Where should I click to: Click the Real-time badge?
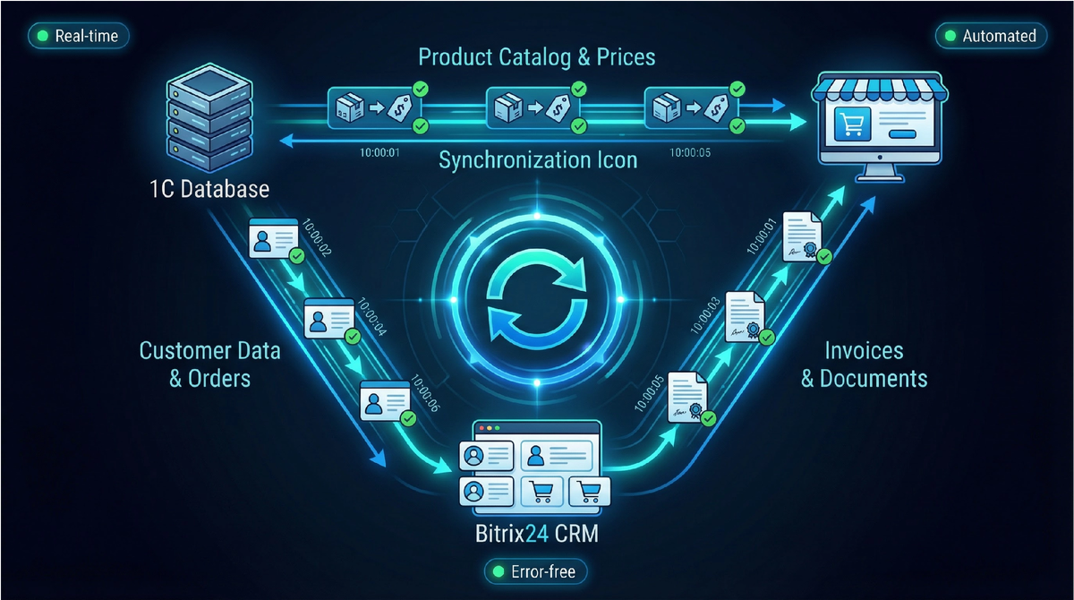(79, 36)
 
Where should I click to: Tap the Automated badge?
(991, 36)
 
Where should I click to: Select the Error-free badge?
(536, 570)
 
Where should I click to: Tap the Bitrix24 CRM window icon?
(533, 466)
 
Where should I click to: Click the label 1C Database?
(211, 190)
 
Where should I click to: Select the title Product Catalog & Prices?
(537, 57)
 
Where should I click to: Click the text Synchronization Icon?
(538, 160)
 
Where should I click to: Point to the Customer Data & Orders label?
(209, 364)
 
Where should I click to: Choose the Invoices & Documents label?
(864, 364)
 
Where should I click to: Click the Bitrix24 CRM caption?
(535, 536)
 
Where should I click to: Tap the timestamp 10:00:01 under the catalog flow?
(380, 152)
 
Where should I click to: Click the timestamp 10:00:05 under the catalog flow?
(690, 152)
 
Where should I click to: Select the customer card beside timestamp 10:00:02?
(274, 238)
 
